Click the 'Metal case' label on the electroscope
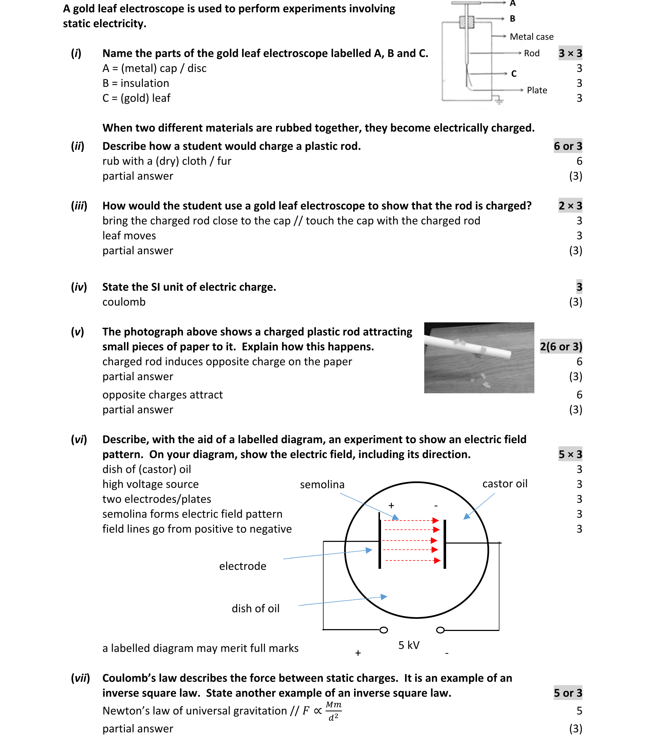(x=531, y=37)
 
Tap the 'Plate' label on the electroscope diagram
(x=537, y=90)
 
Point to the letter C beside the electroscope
(x=514, y=73)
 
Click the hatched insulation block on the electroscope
(x=466, y=22)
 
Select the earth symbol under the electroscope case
(x=499, y=100)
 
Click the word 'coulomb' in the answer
(x=124, y=302)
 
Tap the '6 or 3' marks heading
(x=568, y=146)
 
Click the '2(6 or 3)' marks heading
(x=561, y=346)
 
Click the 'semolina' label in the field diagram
(x=322, y=484)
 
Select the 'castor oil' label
(x=505, y=483)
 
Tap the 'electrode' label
(x=243, y=566)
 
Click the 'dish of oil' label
(x=256, y=608)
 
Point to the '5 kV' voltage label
(x=409, y=645)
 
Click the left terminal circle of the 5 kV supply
(x=384, y=630)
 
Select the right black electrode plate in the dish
(x=445, y=544)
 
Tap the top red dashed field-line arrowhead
(x=436, y=520)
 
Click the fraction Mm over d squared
(x=333, y=711)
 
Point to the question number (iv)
(x=79, y=287)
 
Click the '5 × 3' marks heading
(x=570, y=454)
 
